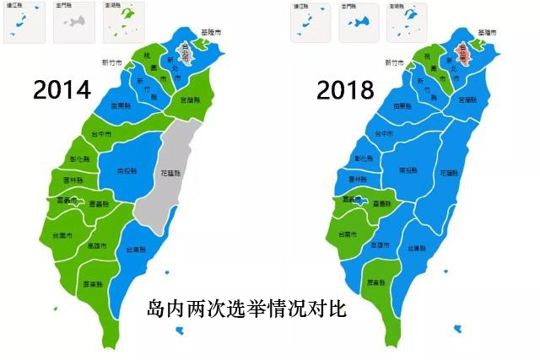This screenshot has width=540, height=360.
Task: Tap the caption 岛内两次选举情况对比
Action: tap(246, 308)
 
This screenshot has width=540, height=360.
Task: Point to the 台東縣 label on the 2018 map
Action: tap(413, 249)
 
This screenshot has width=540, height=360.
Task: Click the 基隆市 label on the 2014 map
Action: tap(212, 32)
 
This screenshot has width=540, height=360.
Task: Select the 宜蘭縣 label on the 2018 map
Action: tap(467, 100)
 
